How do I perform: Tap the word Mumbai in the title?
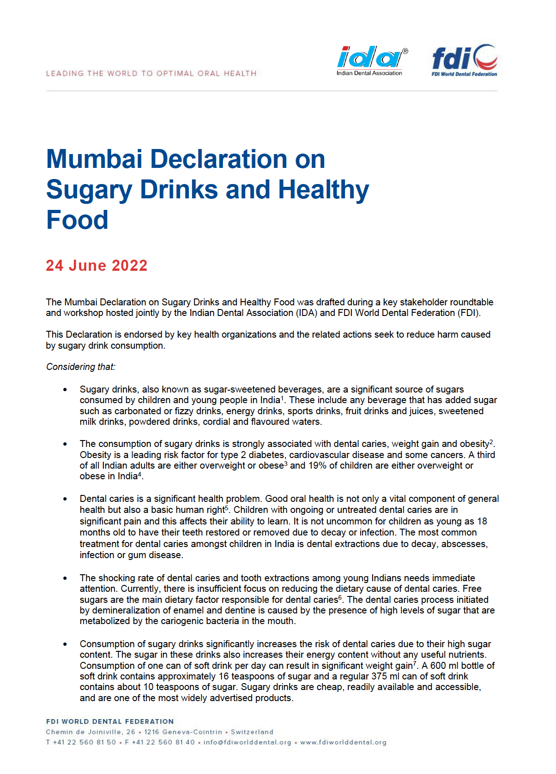(x=94, y=159)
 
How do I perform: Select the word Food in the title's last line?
(x=77, y=220)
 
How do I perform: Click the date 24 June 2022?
(x=97, y=266)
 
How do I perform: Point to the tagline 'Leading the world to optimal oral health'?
(x=151, y=73)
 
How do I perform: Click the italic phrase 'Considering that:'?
(x=81, y=367)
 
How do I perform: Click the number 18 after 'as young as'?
(x=482, y=521)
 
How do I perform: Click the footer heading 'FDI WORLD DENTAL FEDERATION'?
(x=110, y=721)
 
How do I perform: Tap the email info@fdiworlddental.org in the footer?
(x=248, y=742)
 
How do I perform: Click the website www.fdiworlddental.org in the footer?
(x=343, y=742)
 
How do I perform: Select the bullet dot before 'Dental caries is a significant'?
(x=65, y=499)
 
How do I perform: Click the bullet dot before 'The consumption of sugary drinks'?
(x=65, y=444)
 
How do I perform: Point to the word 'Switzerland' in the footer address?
(x=252, y=732)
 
